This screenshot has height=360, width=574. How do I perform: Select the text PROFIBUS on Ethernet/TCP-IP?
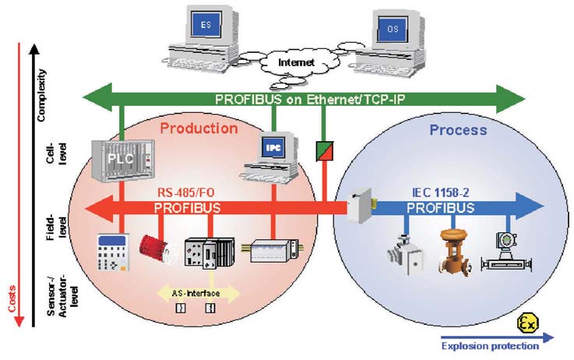[304, 100]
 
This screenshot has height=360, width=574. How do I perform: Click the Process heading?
[458, 129]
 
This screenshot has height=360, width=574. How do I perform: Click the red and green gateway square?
[322, 150]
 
